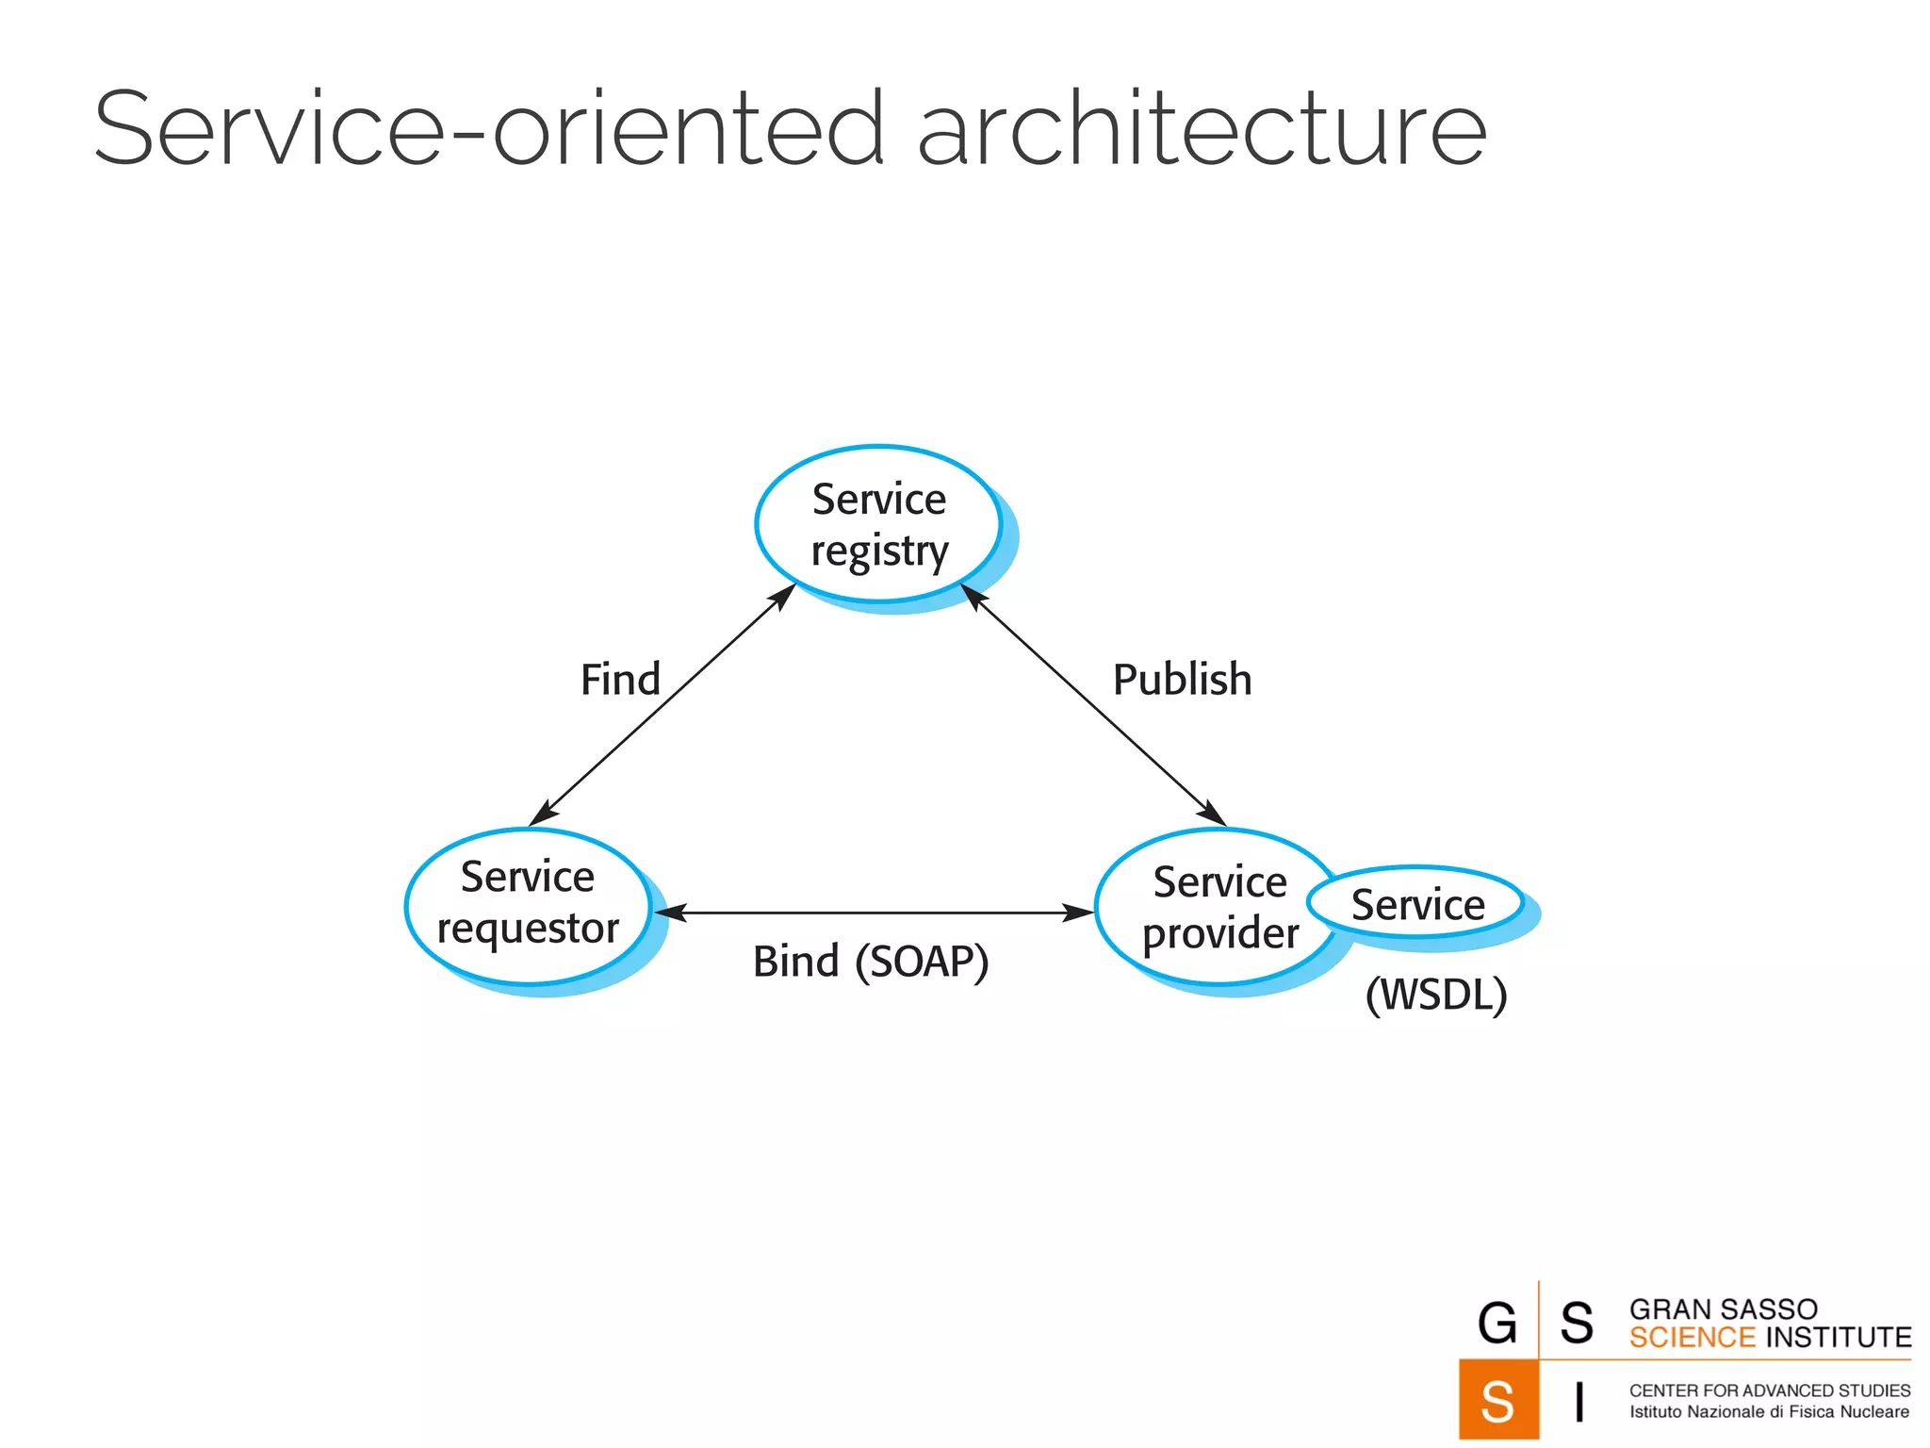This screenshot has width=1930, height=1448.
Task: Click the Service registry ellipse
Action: pos(878,524)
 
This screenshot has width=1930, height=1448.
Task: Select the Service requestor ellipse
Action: pos(528,905)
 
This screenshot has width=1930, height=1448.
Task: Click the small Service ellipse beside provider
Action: pos(1416,904)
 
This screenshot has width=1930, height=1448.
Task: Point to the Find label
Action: pos(620,680)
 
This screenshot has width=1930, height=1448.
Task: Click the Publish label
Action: pos(1182,680)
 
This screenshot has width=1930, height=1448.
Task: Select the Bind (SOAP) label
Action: pos(870,962)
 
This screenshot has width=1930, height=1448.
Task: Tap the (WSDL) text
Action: pos(1435,995)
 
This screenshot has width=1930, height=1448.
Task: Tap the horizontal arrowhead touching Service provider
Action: pos(1080,913)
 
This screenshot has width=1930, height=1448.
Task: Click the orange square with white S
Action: pos(1497,1400)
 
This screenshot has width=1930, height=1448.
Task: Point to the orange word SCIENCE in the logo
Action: pos(1692,1338)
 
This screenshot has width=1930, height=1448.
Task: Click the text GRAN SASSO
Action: pos(1723,1309)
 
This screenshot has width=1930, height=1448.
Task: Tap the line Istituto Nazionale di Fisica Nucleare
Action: pos(1769,1412)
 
